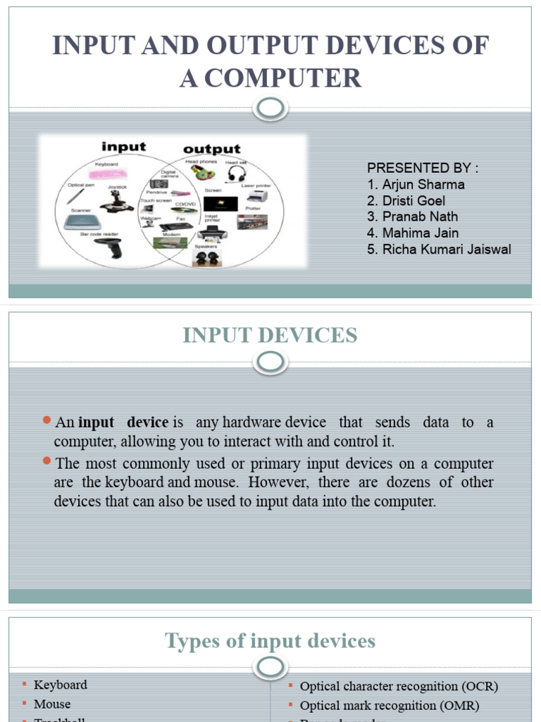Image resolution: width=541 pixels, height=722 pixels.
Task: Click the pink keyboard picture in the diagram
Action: click(107, 173)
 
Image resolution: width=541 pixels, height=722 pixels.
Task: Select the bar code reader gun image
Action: click(111, 247)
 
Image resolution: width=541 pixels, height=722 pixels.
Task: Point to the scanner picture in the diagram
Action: click(78, 223)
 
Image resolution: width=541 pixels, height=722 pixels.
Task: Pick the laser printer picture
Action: click(257, 195)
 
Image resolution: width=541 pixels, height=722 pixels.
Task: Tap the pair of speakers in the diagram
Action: click(206, 257)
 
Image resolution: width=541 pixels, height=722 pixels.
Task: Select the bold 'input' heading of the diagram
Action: click(123, 147)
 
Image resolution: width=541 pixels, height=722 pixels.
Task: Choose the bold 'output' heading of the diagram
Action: click(212, 149)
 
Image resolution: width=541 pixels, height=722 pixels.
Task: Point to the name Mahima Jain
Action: click(420, 233)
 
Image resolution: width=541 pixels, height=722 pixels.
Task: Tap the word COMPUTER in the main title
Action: click(270, 78)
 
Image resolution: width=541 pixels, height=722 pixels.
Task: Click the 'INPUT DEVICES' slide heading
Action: click(270, 336)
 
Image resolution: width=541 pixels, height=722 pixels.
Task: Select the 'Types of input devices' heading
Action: click(270, 641)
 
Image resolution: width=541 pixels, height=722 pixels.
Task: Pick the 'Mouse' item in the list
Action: click(53, 704)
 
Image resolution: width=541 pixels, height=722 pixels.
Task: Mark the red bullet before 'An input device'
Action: click(47, 421)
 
